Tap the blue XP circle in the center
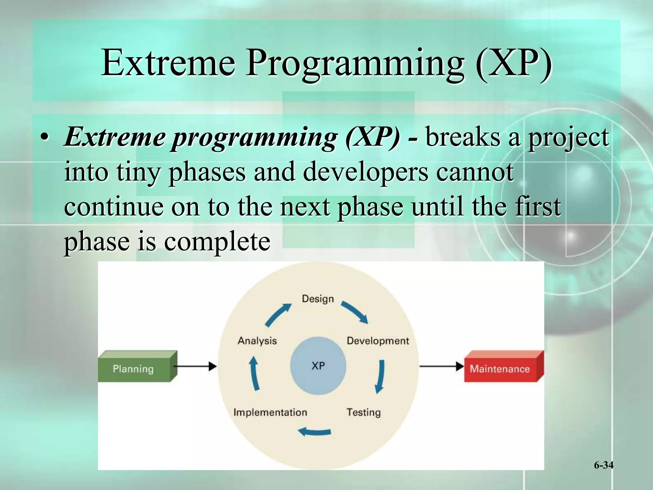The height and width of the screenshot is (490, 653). coord(318,366)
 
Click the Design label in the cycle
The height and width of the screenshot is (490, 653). coord(318,299)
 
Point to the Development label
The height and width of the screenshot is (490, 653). coord(378,341)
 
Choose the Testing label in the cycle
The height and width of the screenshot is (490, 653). coord(363,412)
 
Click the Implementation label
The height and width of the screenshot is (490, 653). coord(270,412)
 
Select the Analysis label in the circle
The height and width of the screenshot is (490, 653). coord(257,341)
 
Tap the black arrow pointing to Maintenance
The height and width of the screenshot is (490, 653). coord(441,366)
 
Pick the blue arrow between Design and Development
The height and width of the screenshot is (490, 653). coord(355,312)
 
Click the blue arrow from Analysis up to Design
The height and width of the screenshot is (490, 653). coord(278,315)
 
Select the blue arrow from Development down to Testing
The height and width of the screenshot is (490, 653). coord(380,376)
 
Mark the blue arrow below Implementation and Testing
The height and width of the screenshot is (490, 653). coord(314,432)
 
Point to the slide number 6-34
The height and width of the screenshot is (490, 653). coord(603,465)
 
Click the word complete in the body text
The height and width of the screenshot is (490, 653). coord(217,241)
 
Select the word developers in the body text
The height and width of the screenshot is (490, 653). coord(365,172)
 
